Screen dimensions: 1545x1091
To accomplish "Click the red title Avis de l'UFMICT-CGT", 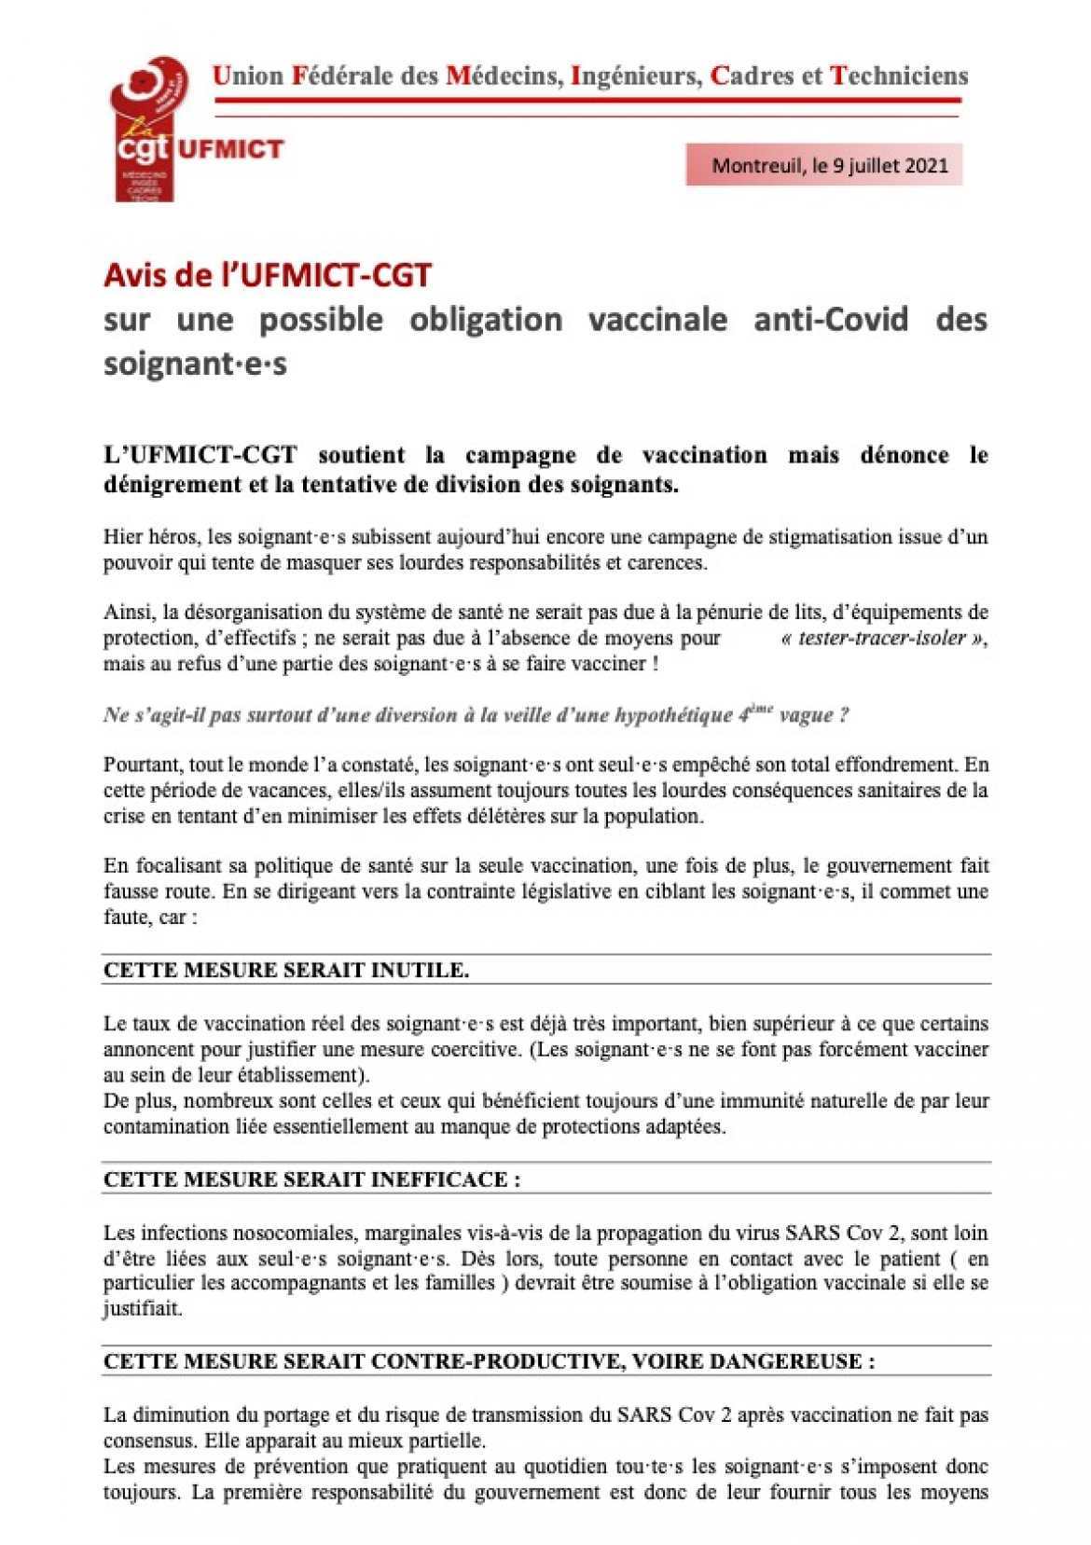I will (268, 275).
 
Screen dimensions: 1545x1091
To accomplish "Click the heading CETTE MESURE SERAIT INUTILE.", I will (285, 970).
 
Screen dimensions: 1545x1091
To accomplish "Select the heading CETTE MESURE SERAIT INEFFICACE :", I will (311, 1179).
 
